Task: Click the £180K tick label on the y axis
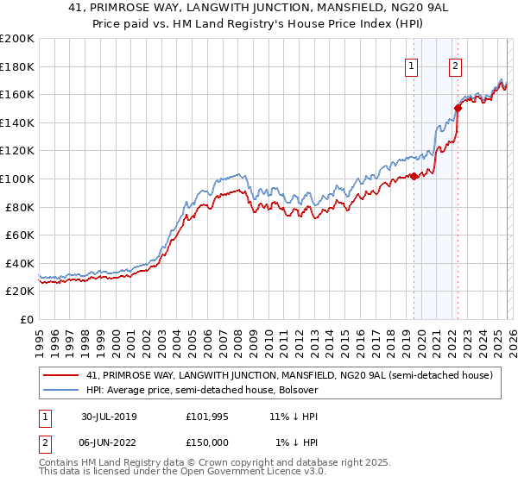tap(17, 66)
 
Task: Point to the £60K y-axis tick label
tap(20, 235)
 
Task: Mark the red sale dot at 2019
tap(414, 176)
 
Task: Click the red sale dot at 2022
tap(458, 108)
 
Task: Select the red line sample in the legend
tap(60, 375)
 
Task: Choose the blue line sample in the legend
tap(60, 390)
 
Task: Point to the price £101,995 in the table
tap(207, 416)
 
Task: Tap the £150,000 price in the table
tap(207, 442)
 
